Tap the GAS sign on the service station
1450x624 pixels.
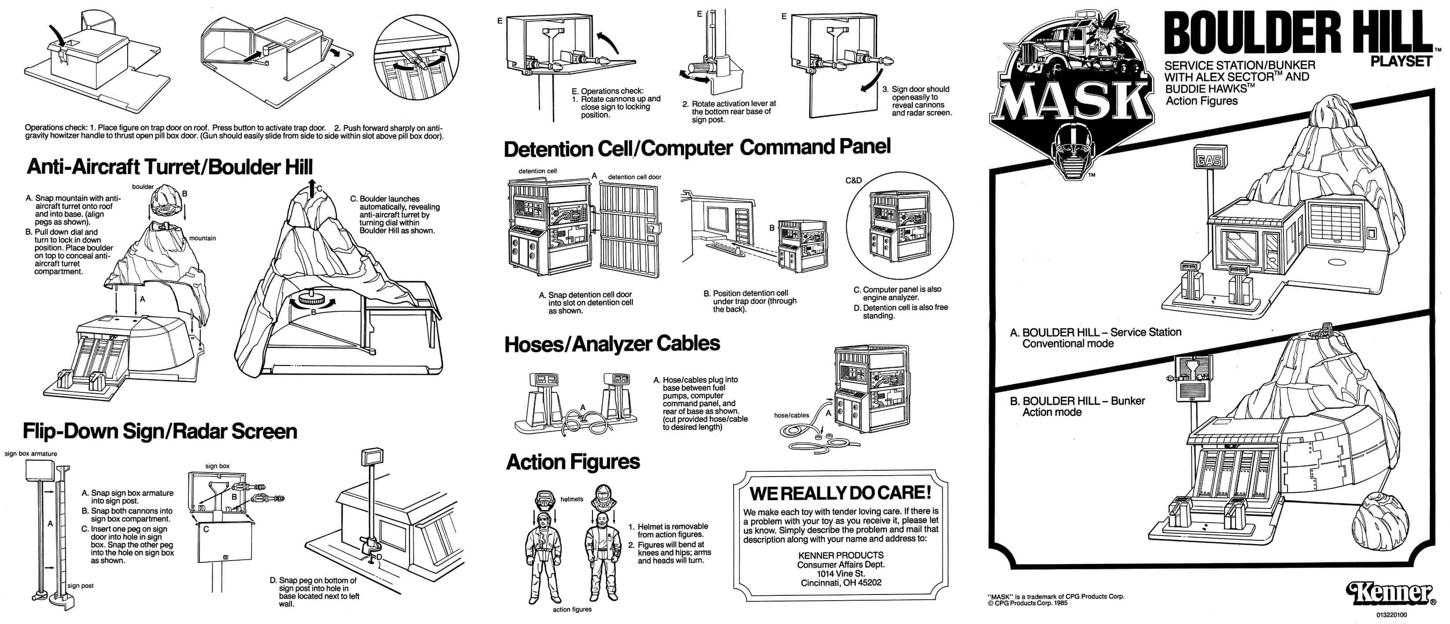(1209, 160)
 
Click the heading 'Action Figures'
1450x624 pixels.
(573, 462)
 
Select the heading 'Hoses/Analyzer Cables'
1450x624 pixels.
(612, 343)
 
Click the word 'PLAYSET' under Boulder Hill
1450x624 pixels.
(1401, 61)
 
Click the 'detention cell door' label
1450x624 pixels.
(635, 177)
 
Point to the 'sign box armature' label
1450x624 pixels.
(30, 453)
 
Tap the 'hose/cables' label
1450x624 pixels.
(791, 415)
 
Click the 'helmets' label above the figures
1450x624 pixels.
(572, 499)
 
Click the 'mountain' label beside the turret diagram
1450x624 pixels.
(202, 238)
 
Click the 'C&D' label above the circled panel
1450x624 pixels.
(853, 180)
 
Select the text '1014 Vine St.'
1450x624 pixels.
(841, 573)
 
